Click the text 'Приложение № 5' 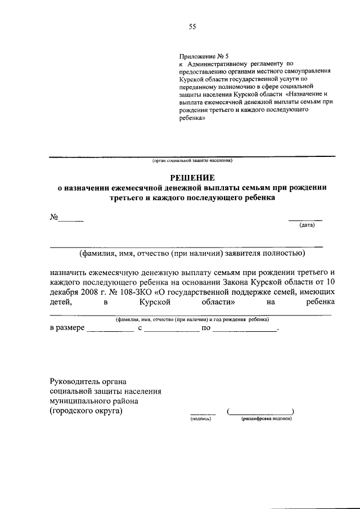coord(204,56)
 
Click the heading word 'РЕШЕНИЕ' coord(192,177)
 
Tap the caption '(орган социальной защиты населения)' coord(192,161)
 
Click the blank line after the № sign coord(72,220)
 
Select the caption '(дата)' coord(307,226)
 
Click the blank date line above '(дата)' coord(305,219)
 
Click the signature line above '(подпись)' coord(202,413)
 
